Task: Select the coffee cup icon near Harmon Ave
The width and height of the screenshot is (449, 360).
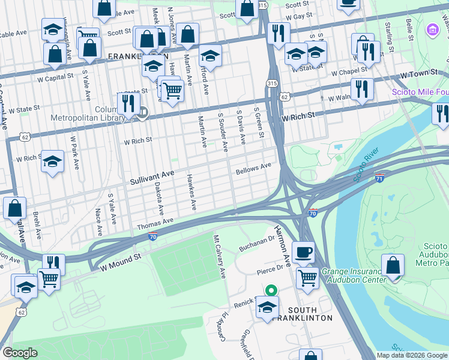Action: coord(304,251)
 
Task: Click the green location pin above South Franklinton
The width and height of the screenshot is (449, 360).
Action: coord(271,290)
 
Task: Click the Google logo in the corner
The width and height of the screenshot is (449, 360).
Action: coord(20,353)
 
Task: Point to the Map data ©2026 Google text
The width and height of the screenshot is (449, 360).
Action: coord(412,355)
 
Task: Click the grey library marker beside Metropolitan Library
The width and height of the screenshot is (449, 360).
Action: coord(143,112)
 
